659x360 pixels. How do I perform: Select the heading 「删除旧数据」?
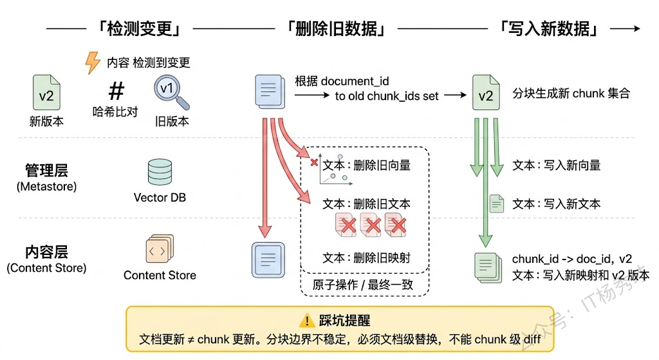(x=335, y=29)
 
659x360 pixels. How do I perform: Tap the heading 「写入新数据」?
(x=549, y=29)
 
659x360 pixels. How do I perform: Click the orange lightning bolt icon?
(x=94, y=63)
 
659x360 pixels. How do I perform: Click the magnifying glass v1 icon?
(x=171, y=93)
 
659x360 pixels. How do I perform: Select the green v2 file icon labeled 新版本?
(x=46, y=93)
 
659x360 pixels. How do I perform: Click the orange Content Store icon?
(x=159, y=250)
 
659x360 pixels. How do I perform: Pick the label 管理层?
(x=46, y=170)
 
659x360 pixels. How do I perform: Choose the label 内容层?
(x=46, y=252)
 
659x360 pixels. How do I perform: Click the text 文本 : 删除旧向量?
(x=366, y=165)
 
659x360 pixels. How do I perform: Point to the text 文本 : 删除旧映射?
(x=366, y=258)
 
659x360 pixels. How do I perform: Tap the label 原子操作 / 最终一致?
(x=363, y=285)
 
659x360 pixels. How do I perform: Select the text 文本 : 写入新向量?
(x=556, y=166)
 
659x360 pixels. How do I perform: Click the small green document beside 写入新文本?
(x=496, y=204)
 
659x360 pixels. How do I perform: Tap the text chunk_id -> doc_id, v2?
(x=572, y=259)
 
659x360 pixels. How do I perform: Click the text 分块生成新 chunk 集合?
(x=571, y=93)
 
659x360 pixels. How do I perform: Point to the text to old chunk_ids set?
(x=387, y=96)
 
